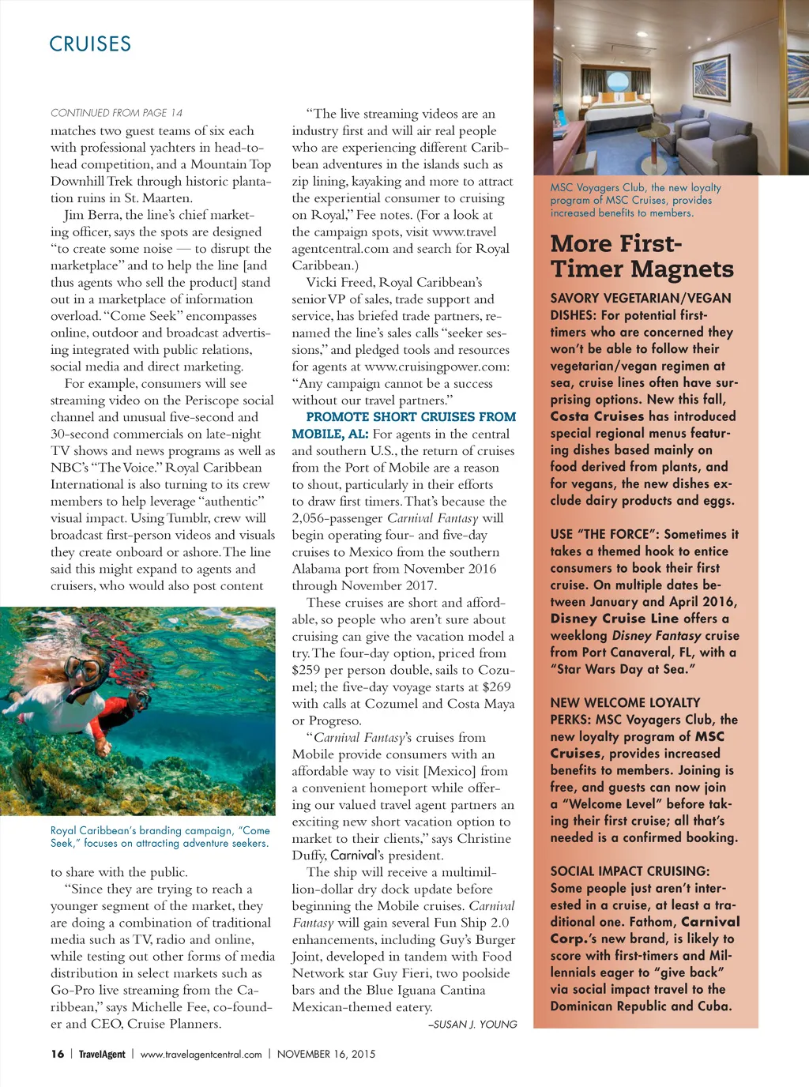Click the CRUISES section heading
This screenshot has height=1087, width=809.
pyautogui.click(x=90, y=44)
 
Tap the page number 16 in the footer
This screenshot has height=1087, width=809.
pyautogui.click(x=58, y=1054)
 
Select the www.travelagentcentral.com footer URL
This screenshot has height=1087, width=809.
pyautogui.click(x=201, y=1054)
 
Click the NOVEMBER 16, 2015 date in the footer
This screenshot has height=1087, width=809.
pyautogui.click(x=326, y=1054)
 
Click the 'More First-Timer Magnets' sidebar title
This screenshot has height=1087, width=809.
pyautogui.click(x=642, y=256)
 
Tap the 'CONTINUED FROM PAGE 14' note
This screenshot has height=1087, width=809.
pyautogui.click(x=116, y=113)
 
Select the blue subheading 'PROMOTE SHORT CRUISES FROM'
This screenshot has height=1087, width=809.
pyautogui.click(x=411, y=417)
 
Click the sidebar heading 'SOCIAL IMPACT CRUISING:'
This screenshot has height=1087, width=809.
pyautogui.click(x=630, y=871)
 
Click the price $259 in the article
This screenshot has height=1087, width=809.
pyautogui.click(x=307, y=670)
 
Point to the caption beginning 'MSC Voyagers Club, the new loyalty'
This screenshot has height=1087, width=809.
pyautogui.click(x=635, y=200)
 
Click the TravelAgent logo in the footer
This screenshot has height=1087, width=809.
pyautogui.click(x=102, y=1054)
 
